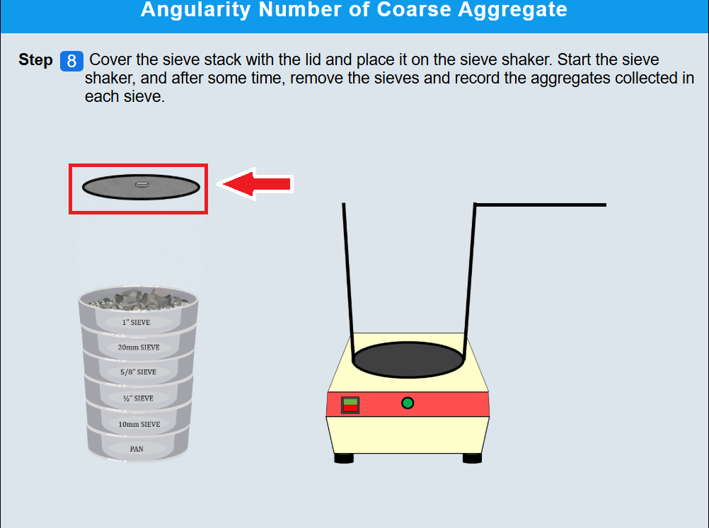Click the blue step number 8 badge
[71, 61]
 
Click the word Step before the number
[35, 59]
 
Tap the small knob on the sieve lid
[142, 184]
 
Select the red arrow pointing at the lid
[255, 184]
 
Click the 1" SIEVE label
[136, 323]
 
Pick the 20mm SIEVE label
[139, 348]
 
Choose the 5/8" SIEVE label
[139, 372]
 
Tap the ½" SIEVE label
[139, 398]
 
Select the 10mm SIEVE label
[139, 425]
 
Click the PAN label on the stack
[137, 449]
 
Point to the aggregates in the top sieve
[138, 299]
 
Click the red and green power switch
[350, 405]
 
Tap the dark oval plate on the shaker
[408, 360]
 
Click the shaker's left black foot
[344, 459]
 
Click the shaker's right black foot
[472, 459]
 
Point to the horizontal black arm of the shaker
[541, 205]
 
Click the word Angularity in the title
[196, 9]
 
